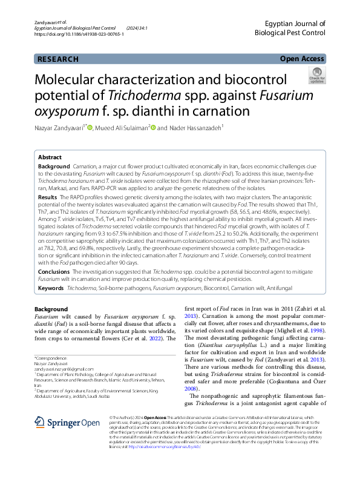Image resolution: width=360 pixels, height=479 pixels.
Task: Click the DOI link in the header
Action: (79, 35)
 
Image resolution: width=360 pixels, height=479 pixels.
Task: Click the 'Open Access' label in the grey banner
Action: (301, 59)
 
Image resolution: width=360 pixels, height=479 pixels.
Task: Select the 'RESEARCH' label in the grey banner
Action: (58, 59)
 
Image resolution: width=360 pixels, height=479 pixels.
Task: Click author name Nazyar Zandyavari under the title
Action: (61, 128)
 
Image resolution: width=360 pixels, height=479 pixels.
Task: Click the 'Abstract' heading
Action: (50, 157)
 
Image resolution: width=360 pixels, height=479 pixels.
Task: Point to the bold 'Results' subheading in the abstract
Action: (48, 197)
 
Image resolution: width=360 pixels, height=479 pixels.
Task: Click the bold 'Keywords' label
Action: (51, 289)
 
